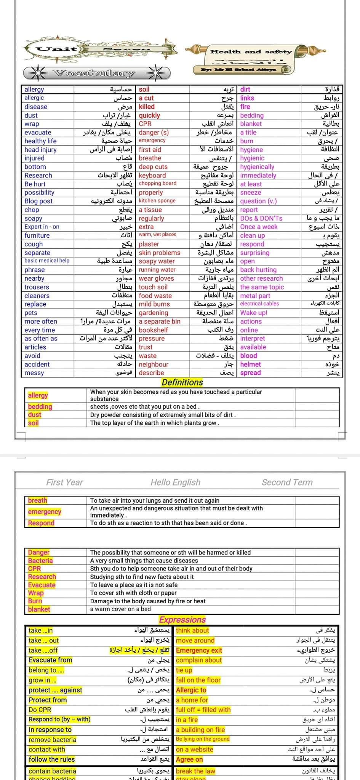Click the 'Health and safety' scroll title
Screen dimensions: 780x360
point(251,52)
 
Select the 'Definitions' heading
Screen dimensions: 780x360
point(182,382)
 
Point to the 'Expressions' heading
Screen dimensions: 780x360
point(182,620)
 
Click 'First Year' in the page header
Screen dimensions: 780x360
point(64,482)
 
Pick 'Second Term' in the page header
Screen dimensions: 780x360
point(287,482)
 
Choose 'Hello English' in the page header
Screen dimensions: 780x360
point(175,482)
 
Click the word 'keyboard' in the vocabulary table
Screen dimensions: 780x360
point(152,176)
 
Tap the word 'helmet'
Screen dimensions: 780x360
point(251,364)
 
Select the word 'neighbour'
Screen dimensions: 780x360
point(154,364)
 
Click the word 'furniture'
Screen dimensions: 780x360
point(37,235)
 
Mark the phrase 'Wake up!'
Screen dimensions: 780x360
point(254,313)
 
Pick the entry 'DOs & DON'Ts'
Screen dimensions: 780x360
point(261,219)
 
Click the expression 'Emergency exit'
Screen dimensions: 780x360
point(199,651)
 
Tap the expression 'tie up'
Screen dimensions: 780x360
point(184,670)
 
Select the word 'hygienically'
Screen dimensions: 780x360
point(257,167)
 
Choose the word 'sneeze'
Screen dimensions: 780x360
point(251,193)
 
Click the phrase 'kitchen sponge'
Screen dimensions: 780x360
point(157,201)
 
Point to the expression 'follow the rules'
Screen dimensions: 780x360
point(52,759)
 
